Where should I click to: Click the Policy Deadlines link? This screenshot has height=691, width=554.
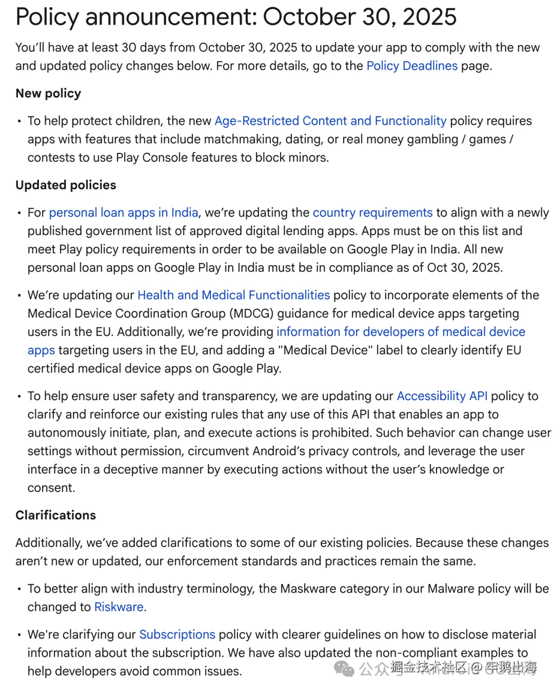411,66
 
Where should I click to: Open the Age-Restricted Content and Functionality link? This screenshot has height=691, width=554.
330,121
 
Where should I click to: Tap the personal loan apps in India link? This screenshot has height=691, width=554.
123,213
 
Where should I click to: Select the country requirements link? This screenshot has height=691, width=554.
372,213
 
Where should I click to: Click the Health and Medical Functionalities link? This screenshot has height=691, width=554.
233,295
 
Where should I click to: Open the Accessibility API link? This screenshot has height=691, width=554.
442,397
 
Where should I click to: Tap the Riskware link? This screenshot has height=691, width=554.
118,607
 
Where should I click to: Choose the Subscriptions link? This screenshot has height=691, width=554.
177,635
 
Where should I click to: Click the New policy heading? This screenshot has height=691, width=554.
48,93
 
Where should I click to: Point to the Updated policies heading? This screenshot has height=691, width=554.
66,185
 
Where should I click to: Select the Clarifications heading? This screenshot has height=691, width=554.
55,516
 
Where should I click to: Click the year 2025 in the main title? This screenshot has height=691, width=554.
429,17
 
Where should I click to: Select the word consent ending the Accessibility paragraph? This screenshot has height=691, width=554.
50,488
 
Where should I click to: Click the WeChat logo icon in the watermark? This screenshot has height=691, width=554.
344,668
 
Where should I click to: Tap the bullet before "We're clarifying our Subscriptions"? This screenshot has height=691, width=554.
19,635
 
